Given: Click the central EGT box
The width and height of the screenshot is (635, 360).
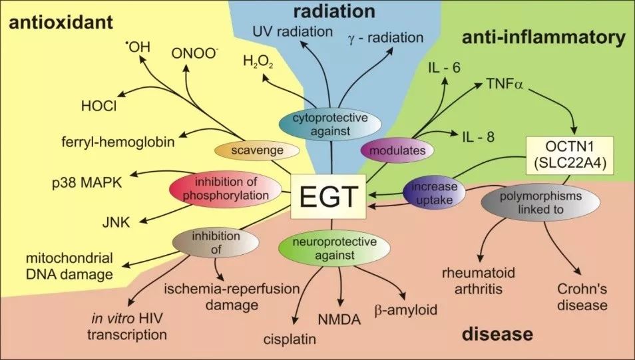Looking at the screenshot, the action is [x=328, y=198].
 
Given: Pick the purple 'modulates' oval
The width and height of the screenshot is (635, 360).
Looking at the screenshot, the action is [x=393, y=150].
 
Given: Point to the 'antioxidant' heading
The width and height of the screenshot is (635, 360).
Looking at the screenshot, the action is [x=60, y=24].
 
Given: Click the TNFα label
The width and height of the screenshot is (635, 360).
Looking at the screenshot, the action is [x=500, y=86].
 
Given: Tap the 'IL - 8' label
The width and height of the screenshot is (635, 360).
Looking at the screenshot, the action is [x=480, y=136].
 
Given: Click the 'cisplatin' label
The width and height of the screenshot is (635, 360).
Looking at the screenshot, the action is [x=288, y=339].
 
